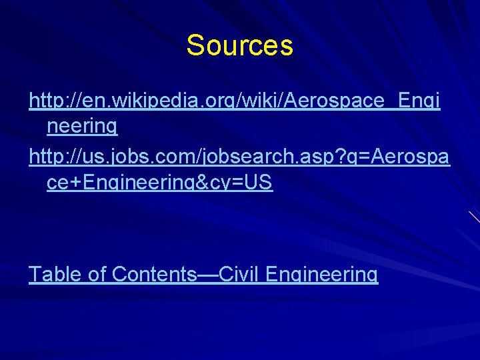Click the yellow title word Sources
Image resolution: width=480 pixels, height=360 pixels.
click(x=239, y=46)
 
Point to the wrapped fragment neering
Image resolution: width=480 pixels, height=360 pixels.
click(x=82, y=125)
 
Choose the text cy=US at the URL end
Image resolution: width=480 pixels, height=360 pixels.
click(x=246, y=182)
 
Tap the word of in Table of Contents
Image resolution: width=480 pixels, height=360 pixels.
click(x=96, y=274)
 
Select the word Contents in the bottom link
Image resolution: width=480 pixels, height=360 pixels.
click(x=151, y=274)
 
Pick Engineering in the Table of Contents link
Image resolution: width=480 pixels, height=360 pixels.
click(x=321, y=275)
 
